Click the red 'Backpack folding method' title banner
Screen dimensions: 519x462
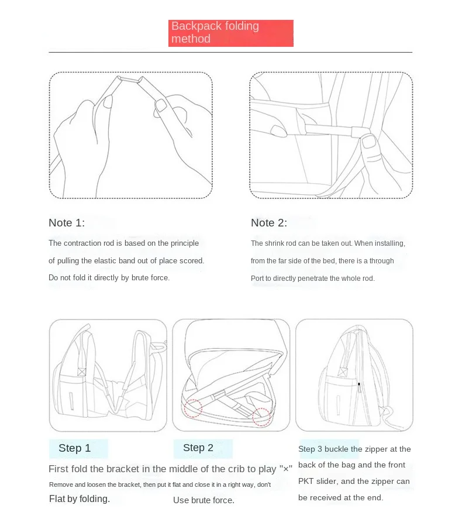click(230, 33)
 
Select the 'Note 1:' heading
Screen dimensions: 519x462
click(67, 223)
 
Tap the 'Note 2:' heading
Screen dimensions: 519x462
click(269, 223)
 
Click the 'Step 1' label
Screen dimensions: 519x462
click(75, 448)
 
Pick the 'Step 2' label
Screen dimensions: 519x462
click(198, 448)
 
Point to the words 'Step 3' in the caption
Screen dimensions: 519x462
click(311, 449)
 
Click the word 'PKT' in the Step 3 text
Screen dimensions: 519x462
click(308, 482)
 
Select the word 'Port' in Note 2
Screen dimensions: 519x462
click(257, 279)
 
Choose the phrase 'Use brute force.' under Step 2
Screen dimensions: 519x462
click(204, 500)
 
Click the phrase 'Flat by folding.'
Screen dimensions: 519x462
click(80, 499)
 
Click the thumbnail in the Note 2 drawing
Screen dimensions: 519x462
click(368, 142)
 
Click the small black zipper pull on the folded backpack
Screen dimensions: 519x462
click(358, 384)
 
